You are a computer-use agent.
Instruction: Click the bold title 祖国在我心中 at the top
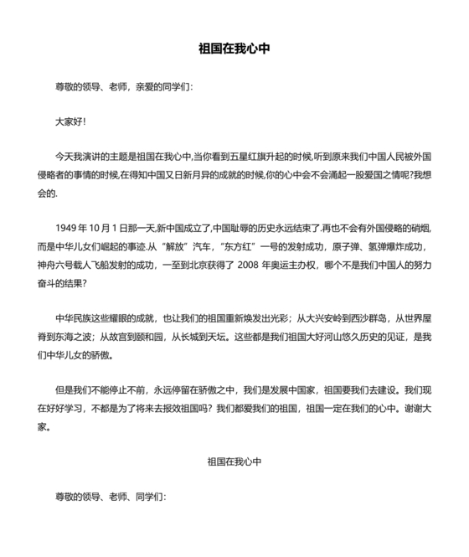click(234, 49)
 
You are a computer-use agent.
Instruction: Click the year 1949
click(68, 229)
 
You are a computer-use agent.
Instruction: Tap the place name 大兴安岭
click(321, 319)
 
